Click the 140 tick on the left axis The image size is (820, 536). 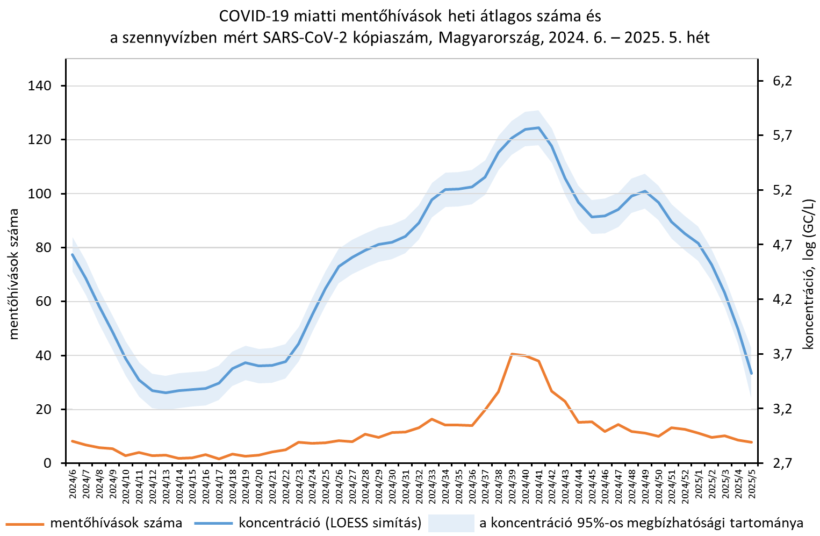tap(40, 86)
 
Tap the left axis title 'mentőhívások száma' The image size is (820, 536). tap(14, 274)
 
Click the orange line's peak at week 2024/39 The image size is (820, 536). tap(512, 354)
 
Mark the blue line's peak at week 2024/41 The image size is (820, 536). tap(538, 127)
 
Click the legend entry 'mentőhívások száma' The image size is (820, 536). tap(116, 523)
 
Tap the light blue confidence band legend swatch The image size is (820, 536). tap(451, 523)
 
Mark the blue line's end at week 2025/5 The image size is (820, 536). tap(751, 373)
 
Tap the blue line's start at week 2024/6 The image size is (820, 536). tap(72, 254)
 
